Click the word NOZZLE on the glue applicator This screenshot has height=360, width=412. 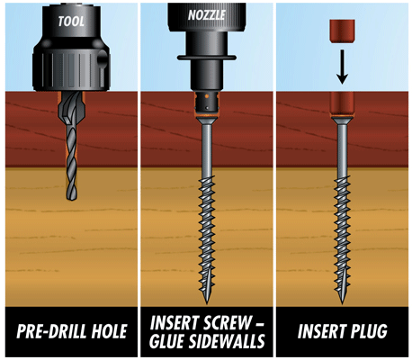pos(207,14)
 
